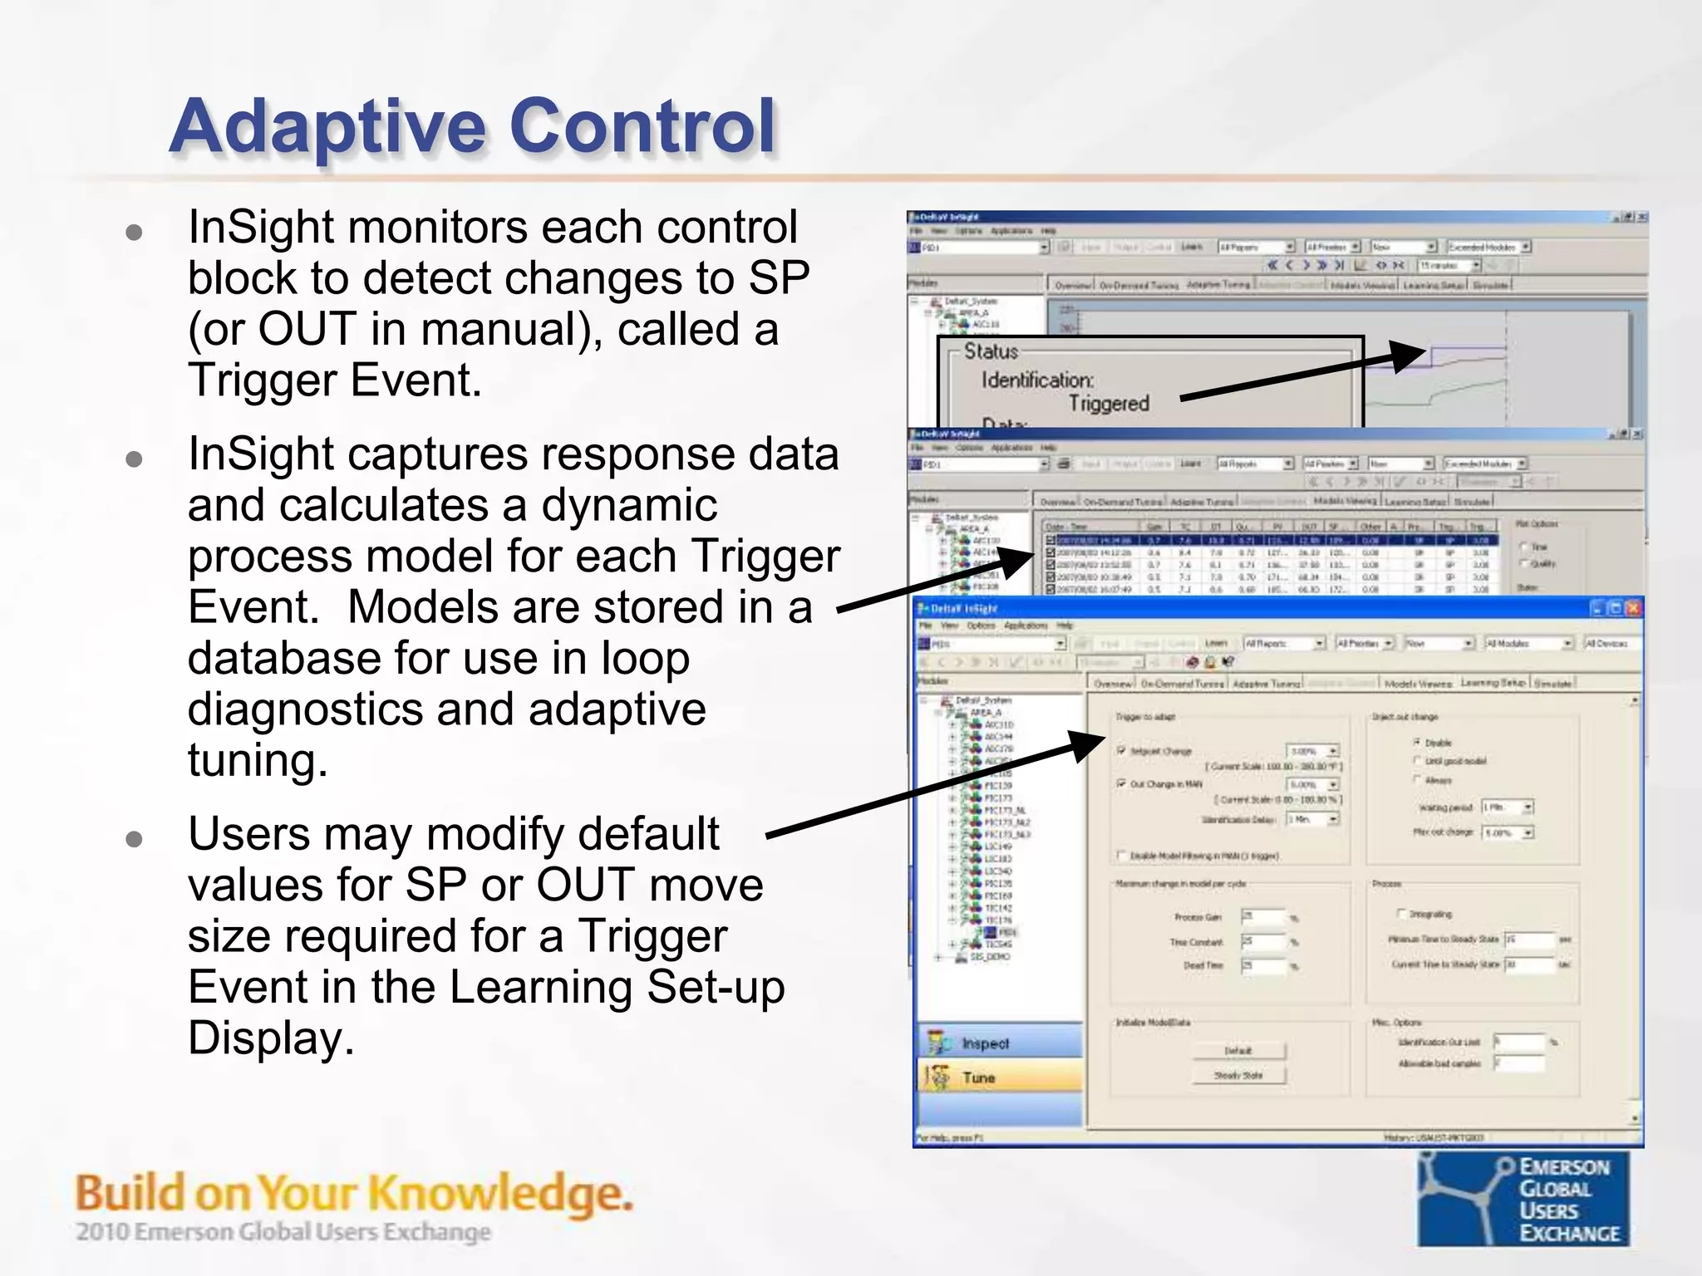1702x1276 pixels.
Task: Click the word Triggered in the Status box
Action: [x=1108, y=404]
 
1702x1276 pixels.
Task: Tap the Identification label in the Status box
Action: [x=1037, y=380]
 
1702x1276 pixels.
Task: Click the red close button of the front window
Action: [x=1632, y=608]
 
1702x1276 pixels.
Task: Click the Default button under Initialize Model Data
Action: [x=1238, y=1051]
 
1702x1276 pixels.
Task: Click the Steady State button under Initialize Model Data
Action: [x=1238, y=1075]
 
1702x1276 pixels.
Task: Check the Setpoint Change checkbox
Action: [x=1121, y=750]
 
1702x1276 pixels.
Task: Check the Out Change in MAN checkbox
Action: [x=1121, y=783]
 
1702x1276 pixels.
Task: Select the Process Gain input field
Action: [x=1262, y=916]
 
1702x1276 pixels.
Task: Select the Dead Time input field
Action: [x=1262, y=965]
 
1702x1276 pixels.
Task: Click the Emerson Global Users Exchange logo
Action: [x=1524, y=1200]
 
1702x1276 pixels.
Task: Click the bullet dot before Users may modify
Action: [x=134, y=839]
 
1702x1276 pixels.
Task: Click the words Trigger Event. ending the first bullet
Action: [x=334, y=381]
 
